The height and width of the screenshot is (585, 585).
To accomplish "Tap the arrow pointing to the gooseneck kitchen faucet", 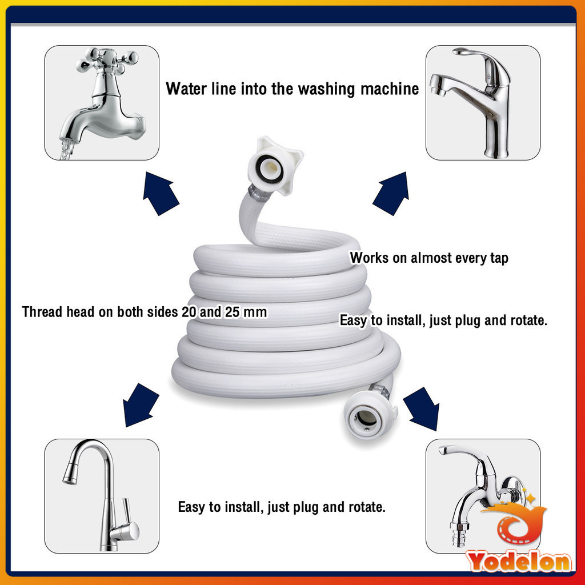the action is click(x=141, y=404).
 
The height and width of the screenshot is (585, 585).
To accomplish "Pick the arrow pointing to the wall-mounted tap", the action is click(x=421, y=408).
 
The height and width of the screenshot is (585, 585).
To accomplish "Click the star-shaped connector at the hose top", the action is click(x=275, y=166).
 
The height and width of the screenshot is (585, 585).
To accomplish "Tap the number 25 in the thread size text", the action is click(x=232, y=312).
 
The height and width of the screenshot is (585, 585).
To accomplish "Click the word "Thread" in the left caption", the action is click(x=42, y=312).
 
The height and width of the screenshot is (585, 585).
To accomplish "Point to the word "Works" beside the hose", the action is click(x=369, y=258).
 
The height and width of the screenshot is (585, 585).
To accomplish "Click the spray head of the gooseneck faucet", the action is click(x=70, y=474).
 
